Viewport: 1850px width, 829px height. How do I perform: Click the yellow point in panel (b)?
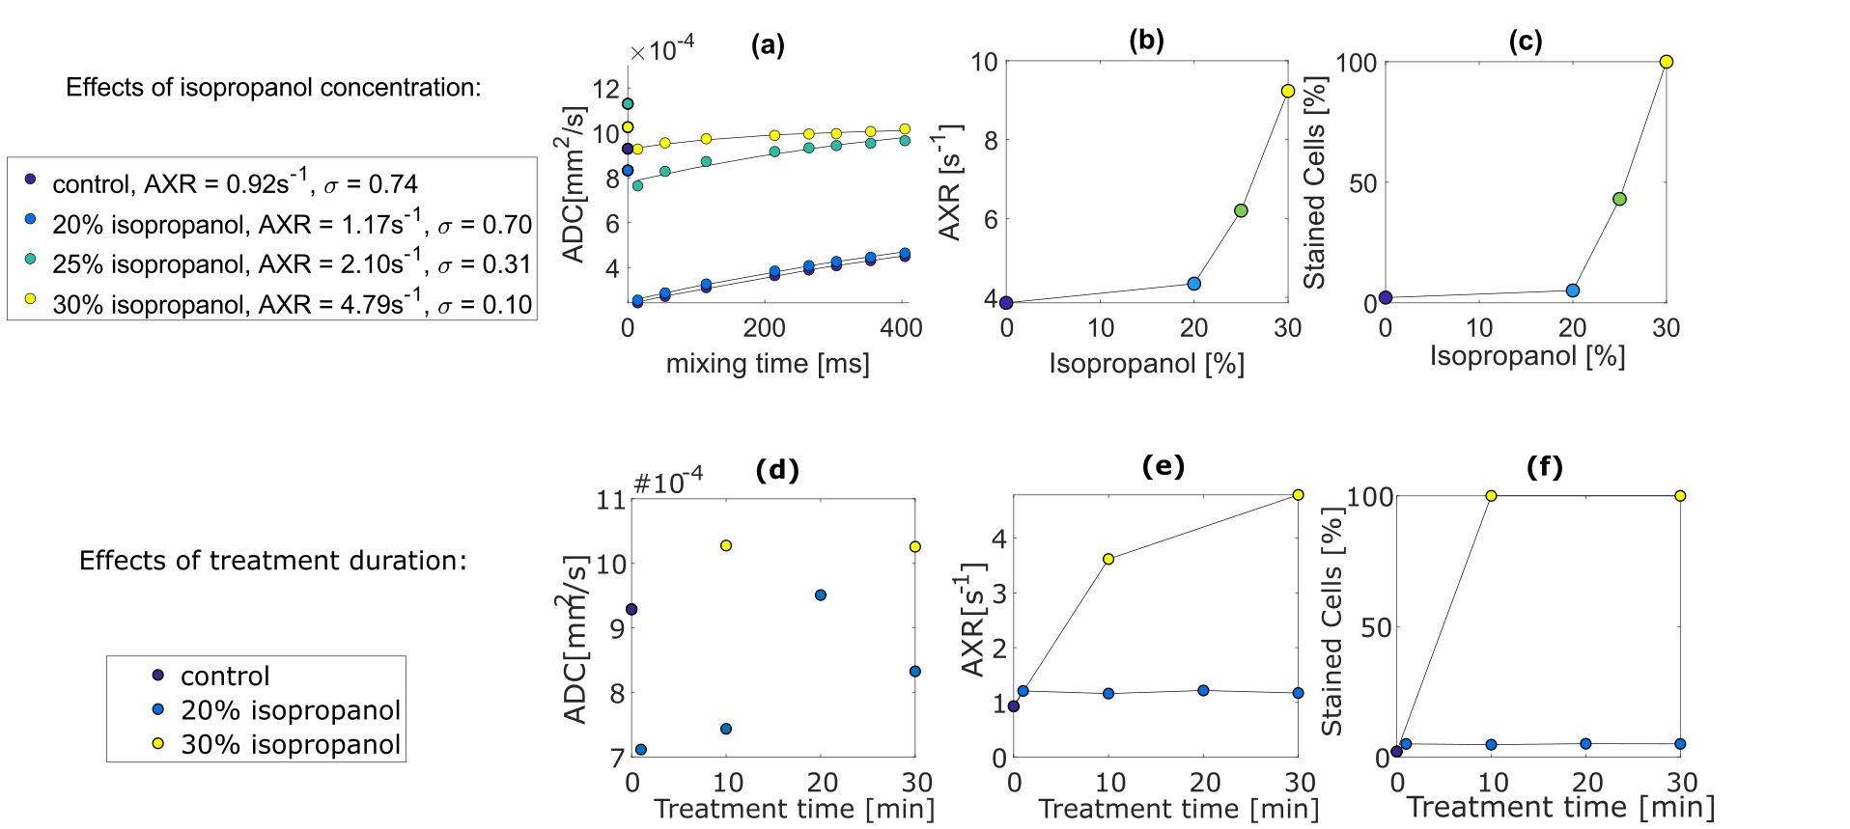coord(1287,91)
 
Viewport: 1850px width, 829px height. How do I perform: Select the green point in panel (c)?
coord(1619,199)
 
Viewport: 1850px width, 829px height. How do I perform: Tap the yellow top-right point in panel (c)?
coord(1666,62)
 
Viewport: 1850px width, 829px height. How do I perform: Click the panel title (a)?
coord(768,44)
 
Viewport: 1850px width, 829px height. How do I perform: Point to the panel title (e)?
coord(1163,467)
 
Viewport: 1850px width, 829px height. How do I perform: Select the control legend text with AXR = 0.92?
coord(235,183)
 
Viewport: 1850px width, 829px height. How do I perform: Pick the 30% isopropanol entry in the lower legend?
coord(290,744)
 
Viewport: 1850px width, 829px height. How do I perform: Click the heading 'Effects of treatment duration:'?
coord(272,561)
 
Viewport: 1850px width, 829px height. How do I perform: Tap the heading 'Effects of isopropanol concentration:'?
coord(273,88)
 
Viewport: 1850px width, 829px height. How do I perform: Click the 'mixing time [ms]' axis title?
coord(768,364)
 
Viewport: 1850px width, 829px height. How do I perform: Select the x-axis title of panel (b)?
coord(1146,364)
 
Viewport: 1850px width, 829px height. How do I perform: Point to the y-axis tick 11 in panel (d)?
coord(610,500)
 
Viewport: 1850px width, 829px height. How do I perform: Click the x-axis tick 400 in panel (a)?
coord(901,328)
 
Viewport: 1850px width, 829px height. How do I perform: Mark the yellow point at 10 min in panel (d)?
coord(726,545)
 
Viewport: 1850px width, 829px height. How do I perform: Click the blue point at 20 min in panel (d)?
coord(821,594)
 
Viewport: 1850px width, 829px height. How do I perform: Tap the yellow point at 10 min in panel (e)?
coord(1108,559)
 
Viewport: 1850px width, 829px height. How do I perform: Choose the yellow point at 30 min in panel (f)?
coord(1680,496)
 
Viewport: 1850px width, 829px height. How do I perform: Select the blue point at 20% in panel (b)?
coord(1193,284)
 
